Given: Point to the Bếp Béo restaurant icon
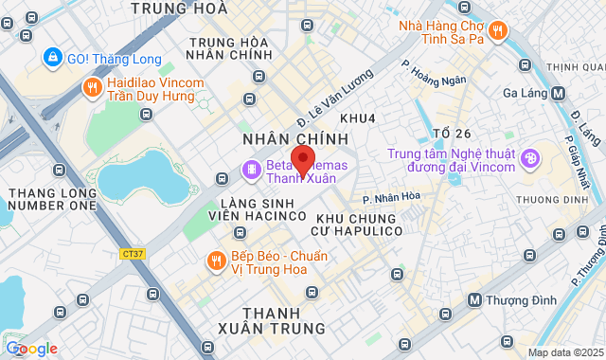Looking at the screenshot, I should pos(216,260).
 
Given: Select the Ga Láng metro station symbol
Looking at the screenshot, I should pos(559,93).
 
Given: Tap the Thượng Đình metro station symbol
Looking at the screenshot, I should pos(475,299).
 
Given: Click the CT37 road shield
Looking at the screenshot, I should pos(133,253).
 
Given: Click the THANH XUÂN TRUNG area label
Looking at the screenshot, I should pos(283,320).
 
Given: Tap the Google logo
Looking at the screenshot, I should pos(31,348).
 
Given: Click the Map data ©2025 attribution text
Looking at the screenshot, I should pos(564,352).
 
